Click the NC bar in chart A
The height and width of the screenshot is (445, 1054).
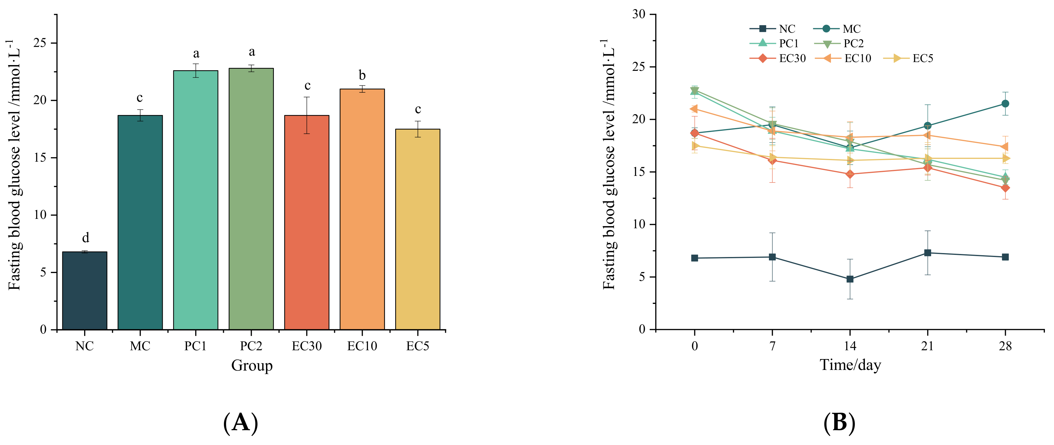tap(85, 291)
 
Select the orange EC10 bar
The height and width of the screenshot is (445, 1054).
tap(362, 209)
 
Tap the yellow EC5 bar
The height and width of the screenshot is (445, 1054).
tap(417, 229)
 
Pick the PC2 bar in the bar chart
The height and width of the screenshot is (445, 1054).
tap(251, 199)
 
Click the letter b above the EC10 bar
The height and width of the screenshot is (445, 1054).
tap(362, 75)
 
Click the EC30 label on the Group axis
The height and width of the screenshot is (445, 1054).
tap(307, 346)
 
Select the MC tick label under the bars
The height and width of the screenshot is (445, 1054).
tap(140, 346)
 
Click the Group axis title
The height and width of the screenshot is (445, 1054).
tap(252, 365)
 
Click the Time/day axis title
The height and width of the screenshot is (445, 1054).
tap(850, 364)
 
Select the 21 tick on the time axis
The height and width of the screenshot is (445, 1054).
tap(927, 346)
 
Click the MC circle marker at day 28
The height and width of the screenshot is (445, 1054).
tap(1005, 104)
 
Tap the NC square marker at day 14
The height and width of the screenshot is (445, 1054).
tap(850, 279)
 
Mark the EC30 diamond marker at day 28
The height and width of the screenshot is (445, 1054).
tap(1005, 188)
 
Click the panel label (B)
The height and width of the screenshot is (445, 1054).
tap(839, 423)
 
